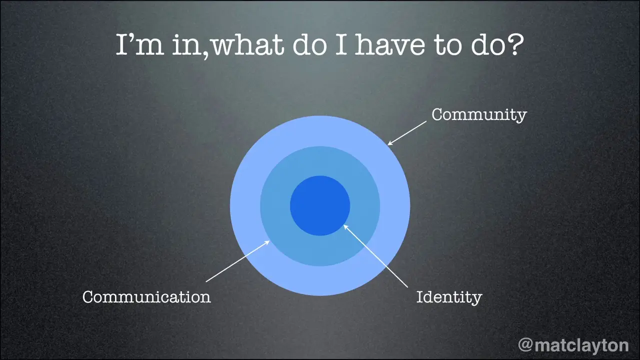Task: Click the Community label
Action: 479,115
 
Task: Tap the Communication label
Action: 146,296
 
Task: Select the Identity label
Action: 449,297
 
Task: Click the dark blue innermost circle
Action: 320,205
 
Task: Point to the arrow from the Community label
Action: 407,133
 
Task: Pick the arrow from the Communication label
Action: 237,261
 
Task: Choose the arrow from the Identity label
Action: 375,255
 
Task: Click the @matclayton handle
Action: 573,345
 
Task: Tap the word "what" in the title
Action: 248,45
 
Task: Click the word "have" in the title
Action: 390,45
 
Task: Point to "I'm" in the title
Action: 140,45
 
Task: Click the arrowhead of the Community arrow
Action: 390,143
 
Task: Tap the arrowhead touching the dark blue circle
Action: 345,227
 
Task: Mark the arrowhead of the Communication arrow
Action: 267,242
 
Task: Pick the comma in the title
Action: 207,55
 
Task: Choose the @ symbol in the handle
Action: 525,345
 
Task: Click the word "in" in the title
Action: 187,45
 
